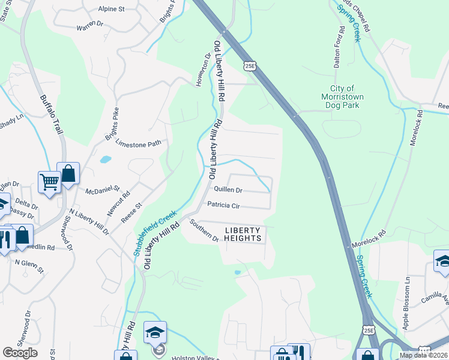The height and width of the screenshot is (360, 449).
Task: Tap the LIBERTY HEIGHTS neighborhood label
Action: coord(244,234)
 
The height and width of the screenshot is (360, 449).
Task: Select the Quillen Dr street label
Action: coord(228,190)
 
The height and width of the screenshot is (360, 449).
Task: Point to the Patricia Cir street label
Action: coord(224,205)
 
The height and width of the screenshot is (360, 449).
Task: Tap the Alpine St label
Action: coord(112,10)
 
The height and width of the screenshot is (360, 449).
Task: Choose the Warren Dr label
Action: coord(91,28)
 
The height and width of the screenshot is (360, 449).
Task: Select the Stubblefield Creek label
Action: coord(155,233)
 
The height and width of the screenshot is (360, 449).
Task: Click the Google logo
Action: coord(20,353)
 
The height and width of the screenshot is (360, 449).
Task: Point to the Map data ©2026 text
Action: coord(423,355)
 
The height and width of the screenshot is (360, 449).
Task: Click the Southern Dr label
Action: coord(205,231)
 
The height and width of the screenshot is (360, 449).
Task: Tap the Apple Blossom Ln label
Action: coord(406,311)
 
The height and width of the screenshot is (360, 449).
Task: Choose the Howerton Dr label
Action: coord(204,70)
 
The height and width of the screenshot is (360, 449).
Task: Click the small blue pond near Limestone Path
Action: coord(106,160)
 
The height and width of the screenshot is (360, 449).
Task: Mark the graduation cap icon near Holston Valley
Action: coord(154,332)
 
